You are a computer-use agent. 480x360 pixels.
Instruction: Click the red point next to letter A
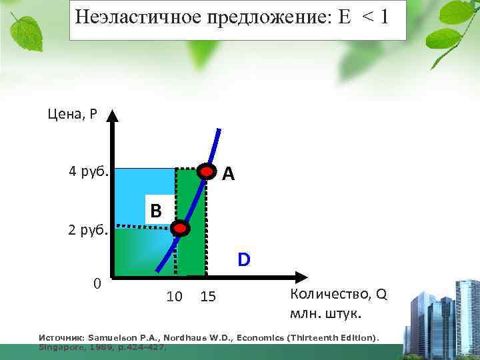pyautogui.click(x=207, y=171)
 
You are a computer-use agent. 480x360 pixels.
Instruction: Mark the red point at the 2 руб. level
pyautogui.click(x=180, y=229)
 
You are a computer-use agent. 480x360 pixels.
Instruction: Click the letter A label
pyautogui.click(x=229, y=174)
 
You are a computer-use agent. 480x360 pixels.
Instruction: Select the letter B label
pyautogui.click(x=156, y=211)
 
